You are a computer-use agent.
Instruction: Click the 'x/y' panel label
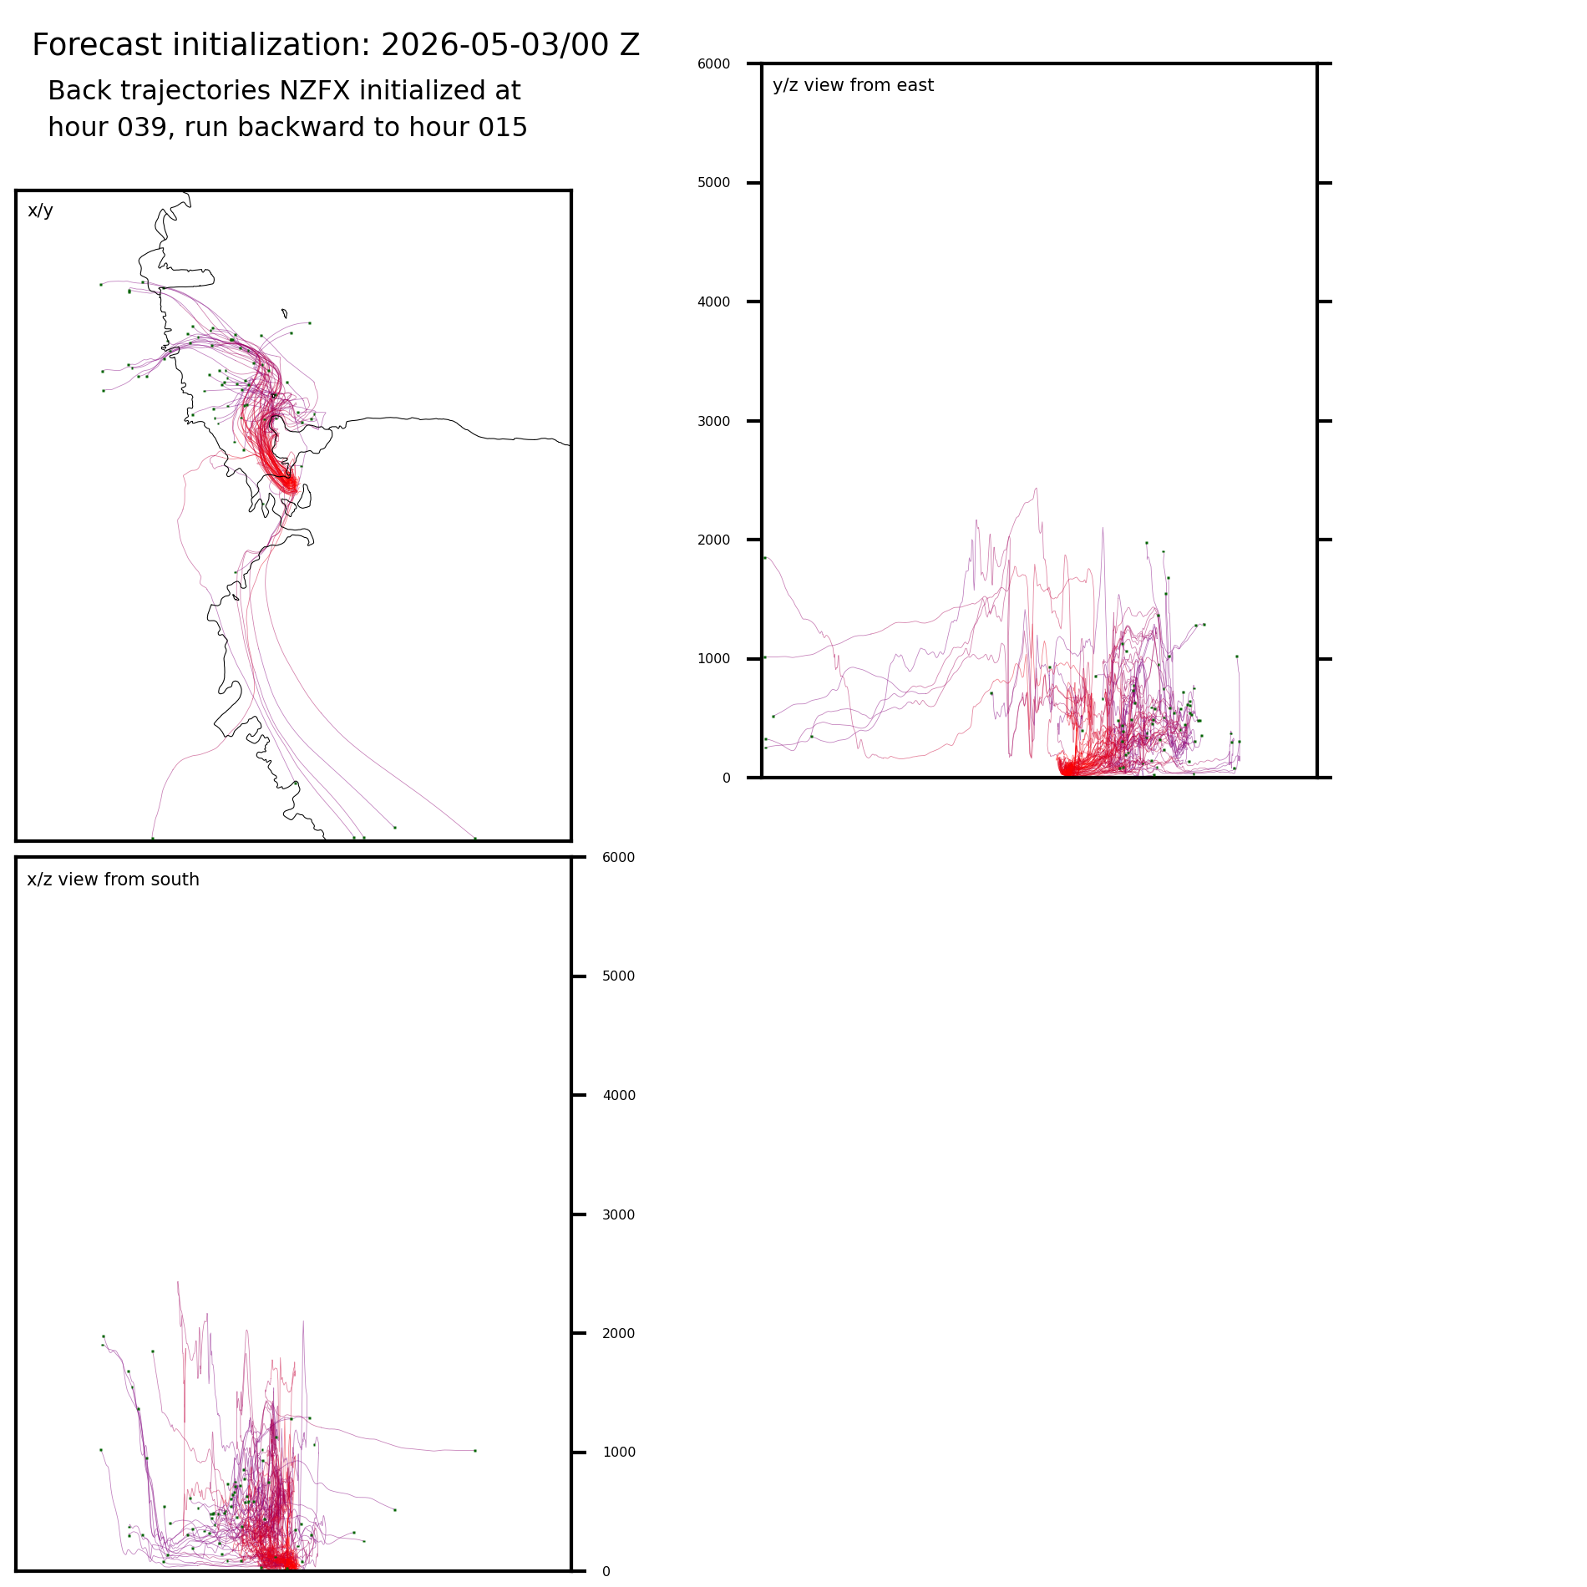[x=40, y=210]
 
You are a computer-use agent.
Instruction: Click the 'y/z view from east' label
[x=853, y=85]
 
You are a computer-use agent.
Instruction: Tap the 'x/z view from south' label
[x=113, y=880]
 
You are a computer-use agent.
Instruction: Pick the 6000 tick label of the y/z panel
[x=713, y=63]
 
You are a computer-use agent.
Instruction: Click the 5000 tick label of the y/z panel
[x=713, y=183]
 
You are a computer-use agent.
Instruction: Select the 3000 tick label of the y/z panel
[x=713, y=421]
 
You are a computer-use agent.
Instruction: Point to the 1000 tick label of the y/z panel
[x=713, y=659]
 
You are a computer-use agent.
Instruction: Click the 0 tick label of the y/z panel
[x=726, y=778]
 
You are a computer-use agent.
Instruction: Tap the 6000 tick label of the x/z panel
[x=619, y=858]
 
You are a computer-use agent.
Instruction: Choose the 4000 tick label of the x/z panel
[x=619, y=1096]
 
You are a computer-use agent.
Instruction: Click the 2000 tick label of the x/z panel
[x=619, y=1334]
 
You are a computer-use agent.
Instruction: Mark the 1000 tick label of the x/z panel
[x=619, y=1453]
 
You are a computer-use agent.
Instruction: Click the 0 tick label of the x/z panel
[x=606, y=1572]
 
